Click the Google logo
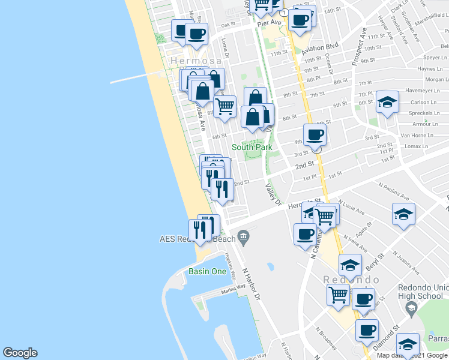coord(20,353)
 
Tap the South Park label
coord(252,147)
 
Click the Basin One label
coord(207,271)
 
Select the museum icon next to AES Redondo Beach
coord(244,239)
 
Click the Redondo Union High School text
coord(421,291)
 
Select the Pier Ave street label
coord(270,23)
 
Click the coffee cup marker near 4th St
coord(315,135)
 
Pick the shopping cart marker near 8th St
coord(225,106)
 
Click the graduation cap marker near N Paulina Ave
coord(403,214)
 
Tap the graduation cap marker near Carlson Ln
coord(388,101)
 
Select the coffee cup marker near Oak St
coord(196,34)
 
